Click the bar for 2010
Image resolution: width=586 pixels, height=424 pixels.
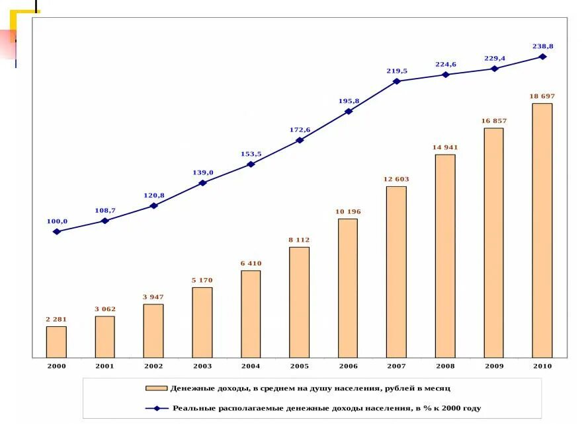point(542,230)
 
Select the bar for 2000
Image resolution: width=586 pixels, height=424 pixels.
point(56,341)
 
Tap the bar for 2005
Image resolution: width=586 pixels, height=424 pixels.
point(299,302)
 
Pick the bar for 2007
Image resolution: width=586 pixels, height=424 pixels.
point(396,271)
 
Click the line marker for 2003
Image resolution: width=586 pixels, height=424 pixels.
point(202,182)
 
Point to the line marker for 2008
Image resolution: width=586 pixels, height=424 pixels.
point(445,75)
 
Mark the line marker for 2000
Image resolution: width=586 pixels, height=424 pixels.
point(56,231)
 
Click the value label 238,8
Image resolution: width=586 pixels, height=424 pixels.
point(542,46)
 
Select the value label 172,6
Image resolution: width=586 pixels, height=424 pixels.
point(300,129)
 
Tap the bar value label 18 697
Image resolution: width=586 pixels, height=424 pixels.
point(542,96)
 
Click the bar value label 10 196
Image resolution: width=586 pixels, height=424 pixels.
point(348,211)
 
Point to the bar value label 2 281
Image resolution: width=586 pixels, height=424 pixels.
point(56,319)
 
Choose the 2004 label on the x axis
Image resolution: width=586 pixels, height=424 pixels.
point(251,366)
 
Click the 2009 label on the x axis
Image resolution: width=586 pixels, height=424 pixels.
point(493,366)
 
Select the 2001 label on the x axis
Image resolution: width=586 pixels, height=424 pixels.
point(105,366)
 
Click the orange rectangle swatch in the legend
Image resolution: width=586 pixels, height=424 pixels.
point(157,388)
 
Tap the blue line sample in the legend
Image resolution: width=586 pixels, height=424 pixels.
point(157,408)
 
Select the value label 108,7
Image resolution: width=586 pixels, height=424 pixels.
point(105,211)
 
